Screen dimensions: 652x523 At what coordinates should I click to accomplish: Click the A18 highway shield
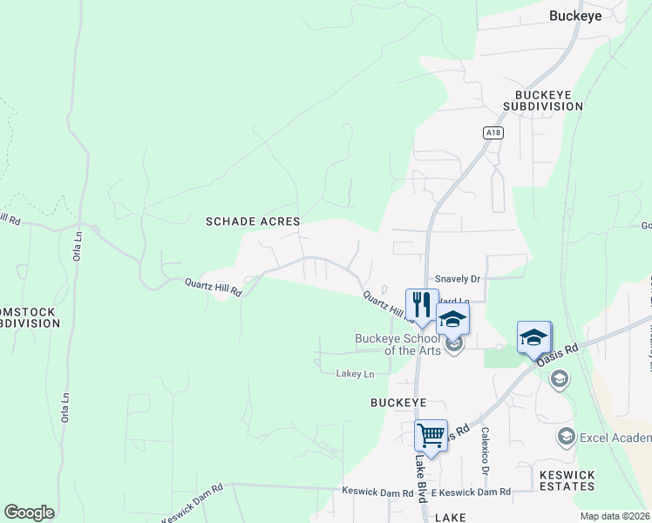[x=493, y=132]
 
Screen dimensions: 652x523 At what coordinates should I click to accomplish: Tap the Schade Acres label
[x=253, y=221]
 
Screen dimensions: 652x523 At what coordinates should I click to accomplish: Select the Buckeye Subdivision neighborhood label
[x=548, y=100]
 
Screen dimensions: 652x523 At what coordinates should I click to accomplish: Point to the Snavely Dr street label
[x=458, y=279]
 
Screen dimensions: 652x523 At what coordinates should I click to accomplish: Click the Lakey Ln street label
[x=355, y=374]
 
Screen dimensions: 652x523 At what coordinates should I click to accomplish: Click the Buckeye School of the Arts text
[x=399, y=344]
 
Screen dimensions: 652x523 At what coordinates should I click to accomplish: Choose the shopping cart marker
[x=431, y=434]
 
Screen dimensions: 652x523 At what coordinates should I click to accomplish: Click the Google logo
[x=29, y=512]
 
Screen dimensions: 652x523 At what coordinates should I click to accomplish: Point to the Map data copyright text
[x=615, y=516]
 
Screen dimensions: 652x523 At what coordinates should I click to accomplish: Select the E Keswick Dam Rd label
[x=470, y=492]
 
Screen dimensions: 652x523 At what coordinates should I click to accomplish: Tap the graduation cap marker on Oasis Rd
[x=533, y=337]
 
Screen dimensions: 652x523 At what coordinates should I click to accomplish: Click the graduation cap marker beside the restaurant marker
[x=453, y=318]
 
